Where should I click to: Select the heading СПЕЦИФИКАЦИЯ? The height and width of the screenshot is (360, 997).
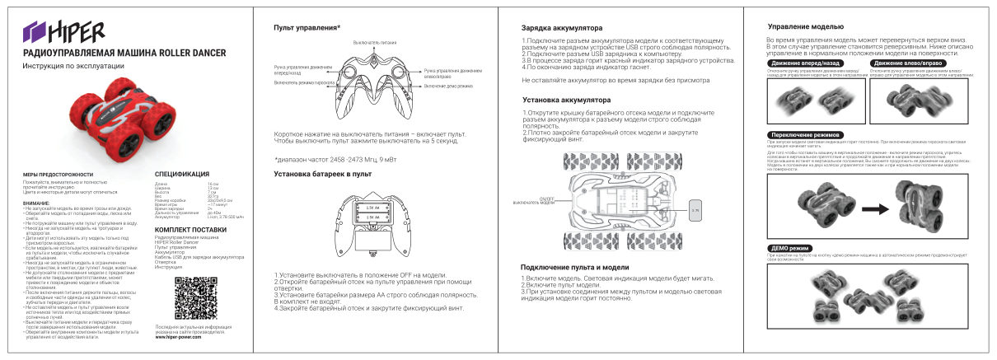(182, 175)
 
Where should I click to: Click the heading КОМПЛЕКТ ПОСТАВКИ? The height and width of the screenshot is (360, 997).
(190, 229)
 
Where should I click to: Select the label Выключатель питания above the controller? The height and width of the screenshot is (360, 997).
(375, 41)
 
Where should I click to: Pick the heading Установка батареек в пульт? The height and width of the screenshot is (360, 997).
(323, 174)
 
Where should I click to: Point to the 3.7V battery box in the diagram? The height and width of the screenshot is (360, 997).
(695, 211)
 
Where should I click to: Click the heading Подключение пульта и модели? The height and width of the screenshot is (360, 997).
(575, 268)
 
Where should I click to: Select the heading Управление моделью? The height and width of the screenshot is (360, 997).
(805, 26)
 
